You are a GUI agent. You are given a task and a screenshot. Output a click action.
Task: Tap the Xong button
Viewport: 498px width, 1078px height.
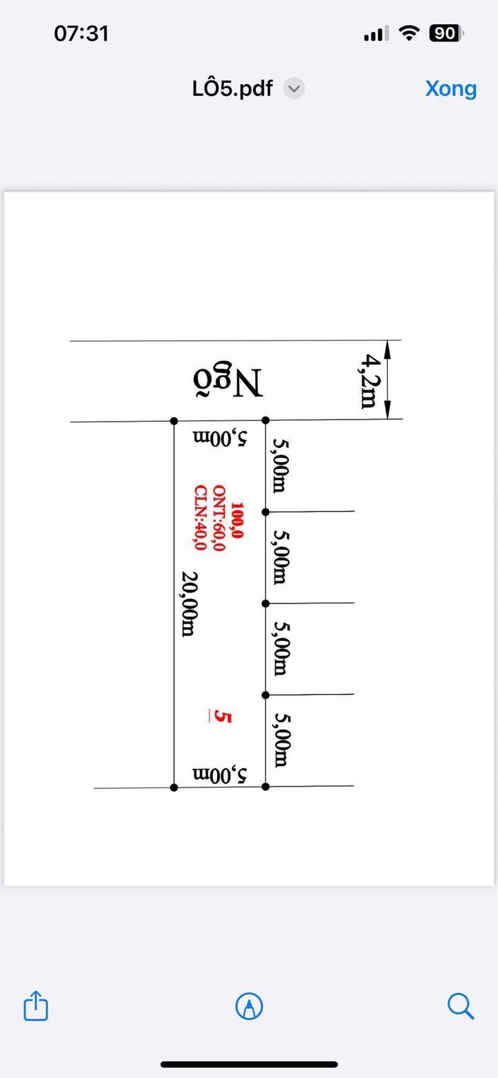tap(450, 89)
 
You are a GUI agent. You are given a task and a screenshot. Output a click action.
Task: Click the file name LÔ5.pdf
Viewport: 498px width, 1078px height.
tap(232, 89)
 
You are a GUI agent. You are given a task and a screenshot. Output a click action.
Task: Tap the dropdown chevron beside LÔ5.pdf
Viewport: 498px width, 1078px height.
tap(295, 89)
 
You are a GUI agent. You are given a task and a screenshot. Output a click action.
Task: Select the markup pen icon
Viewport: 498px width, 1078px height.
tap(249, 1005)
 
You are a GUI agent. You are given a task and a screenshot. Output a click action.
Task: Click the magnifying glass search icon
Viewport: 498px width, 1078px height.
tap(460, 1005)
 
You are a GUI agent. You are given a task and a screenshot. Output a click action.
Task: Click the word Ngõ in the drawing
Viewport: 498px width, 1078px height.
tap(228, 382)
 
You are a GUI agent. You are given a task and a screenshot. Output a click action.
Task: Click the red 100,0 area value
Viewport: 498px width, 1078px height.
tap(237, 520)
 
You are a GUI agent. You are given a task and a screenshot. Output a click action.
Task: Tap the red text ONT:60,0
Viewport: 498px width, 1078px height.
tap(219, 519)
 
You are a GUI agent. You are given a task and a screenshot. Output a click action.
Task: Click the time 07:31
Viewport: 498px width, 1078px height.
tap(81, 33)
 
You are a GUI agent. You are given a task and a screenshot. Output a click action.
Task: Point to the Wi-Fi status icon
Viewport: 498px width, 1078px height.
tap(410, 33)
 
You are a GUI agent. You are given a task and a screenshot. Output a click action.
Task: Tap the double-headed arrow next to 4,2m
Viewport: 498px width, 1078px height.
tap(387, 379)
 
